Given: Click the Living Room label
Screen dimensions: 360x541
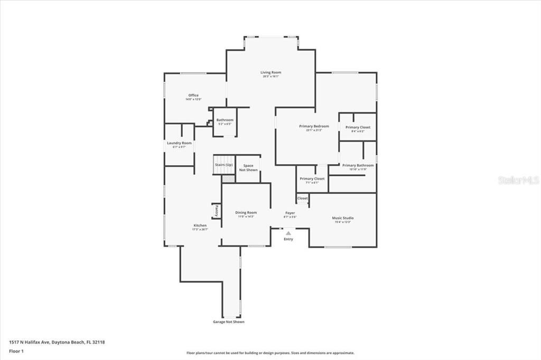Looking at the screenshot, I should pyautogui.click(x=270, y=72).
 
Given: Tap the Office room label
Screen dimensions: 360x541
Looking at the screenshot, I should pyautogui.click(x=193, y=96).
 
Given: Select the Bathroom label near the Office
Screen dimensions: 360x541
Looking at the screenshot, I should pyautogui.click(x=225, y=120).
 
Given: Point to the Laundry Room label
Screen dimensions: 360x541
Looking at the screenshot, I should pyautogui.click(x=179, y=143).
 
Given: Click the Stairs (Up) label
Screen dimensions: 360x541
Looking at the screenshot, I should pyautogui.click(x=223, y=165).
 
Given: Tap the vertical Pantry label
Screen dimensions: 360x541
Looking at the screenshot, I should pyautogui.click(x=217, y=211).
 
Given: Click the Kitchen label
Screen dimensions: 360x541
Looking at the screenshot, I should pyautogui.click(x=200, y=225).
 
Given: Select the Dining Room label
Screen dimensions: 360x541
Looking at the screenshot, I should pyautogui.click(x=246, y=213).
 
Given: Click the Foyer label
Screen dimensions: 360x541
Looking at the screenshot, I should pyautogui.click(x=291, y=213).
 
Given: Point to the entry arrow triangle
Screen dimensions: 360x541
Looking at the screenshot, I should pyautogui.click(x=288, y=232).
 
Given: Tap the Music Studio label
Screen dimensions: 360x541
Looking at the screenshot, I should pyautogui.click(x=342, y=218).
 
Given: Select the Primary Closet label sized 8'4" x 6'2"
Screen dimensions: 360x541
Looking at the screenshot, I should pyautogui.click(x=358, y=127).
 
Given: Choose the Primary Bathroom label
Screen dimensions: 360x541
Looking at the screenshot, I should pyautogui.click(x=358, y=165).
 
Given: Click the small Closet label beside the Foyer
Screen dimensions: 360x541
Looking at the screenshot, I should pyautogui.click(x=302, y=198).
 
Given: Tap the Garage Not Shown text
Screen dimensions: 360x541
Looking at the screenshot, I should pyautogui.click(x=228, y=322).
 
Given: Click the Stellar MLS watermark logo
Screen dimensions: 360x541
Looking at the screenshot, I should pyautogui.click(x=519, y=180).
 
